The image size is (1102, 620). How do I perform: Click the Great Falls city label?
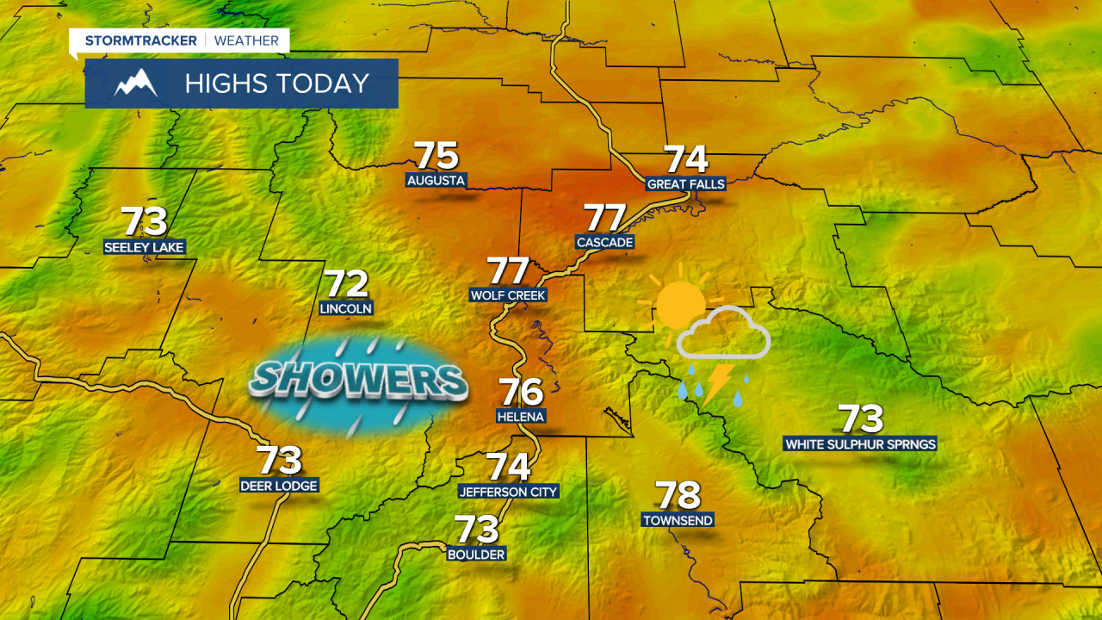[685, 184]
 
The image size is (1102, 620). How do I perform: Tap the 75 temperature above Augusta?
[436, 156]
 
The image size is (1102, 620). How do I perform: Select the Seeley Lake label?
[145, 247]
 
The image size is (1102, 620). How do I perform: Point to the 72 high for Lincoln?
[346, 284]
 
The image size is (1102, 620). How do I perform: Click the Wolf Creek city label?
[509, 295]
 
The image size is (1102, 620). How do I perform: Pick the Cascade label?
[604, 243]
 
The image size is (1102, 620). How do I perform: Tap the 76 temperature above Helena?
[522, 392]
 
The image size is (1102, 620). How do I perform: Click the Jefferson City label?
[509, 492]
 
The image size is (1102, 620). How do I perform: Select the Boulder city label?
[476, 555]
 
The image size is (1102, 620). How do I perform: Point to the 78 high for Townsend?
[678, 495]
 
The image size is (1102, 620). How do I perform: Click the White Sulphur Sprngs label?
[860, 444]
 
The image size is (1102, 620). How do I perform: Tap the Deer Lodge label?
[279, 486]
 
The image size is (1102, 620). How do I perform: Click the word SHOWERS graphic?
[358, 380]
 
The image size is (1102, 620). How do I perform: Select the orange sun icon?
[680, 303]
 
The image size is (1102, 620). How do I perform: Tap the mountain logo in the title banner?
[136, 84]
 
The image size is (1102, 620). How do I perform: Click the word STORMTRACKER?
[140, 40]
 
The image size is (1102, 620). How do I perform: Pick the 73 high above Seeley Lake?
[144, 221]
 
